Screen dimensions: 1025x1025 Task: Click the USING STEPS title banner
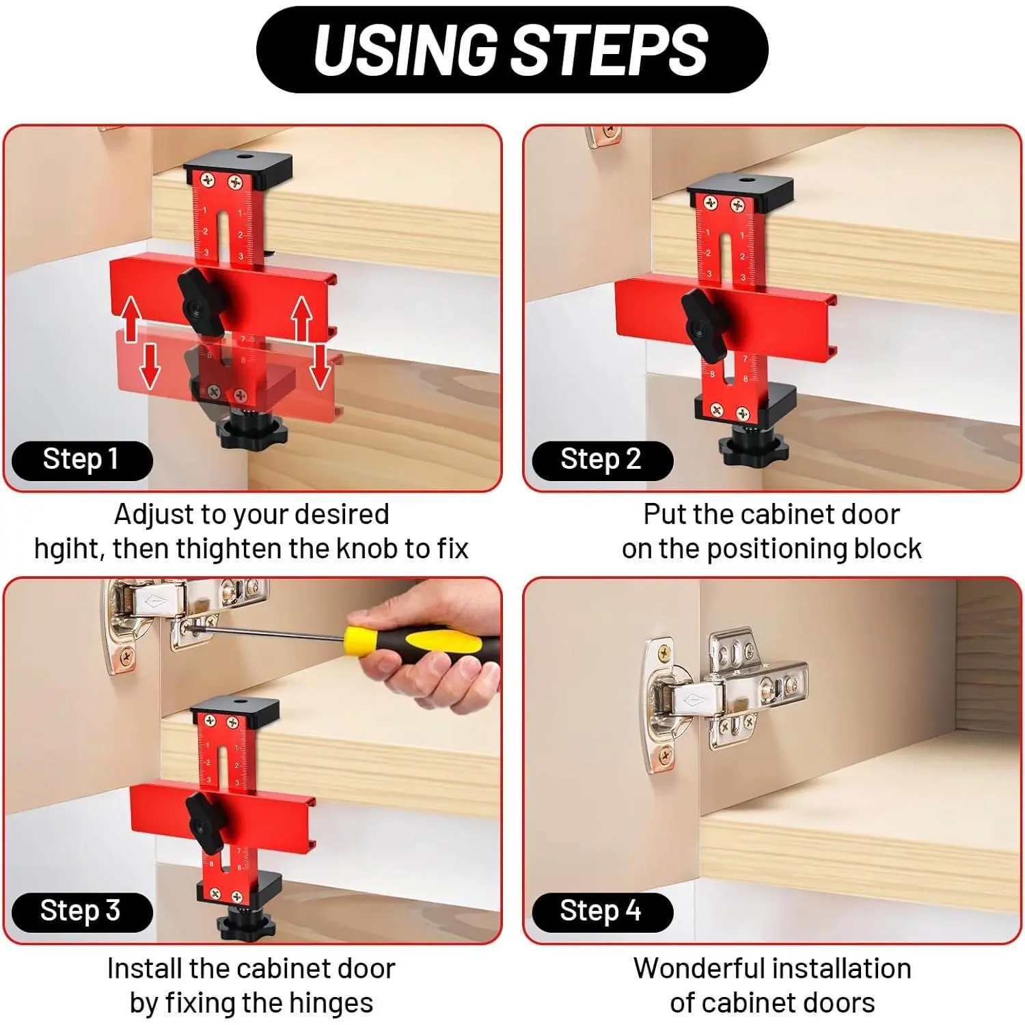[x=512, y=49]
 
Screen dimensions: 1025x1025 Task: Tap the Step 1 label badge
[x=82, y=461]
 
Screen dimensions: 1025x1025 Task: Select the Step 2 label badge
[x=602, y=461]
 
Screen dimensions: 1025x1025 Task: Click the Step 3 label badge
[x=82, y=912]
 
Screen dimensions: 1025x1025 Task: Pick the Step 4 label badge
[x=602, y=912]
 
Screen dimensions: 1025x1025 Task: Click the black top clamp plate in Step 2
[x=740, y=188]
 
